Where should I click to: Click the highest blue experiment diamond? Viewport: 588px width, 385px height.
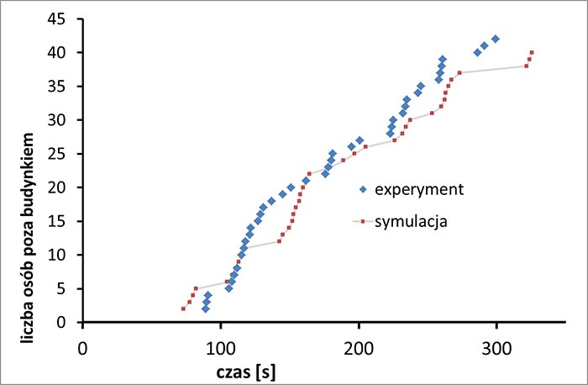[x=496, y=39]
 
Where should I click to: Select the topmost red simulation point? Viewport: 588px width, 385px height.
[x=532, y=52]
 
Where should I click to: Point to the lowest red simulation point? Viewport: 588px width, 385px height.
[x=183, y=309]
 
